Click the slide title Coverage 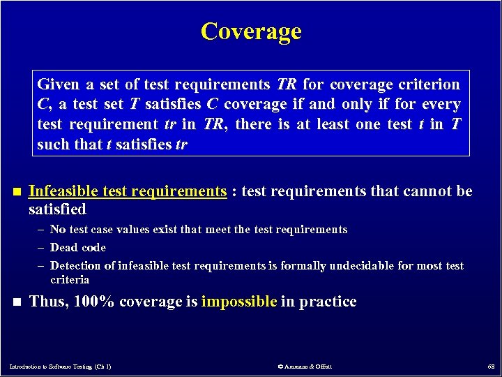(x=251, y=31)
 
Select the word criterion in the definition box (x=433, y=85)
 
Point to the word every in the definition (x=441, y=105)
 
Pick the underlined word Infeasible (x=63, y=191)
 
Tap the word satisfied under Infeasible (x=57, y=209)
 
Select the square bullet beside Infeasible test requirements (x=17, y=192)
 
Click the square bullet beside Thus (x=17, y=302)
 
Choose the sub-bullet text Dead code (x=78, y=247)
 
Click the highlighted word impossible (x=238, y=302)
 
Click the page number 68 (x=491, y=366)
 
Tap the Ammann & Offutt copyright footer (x=304, y=366)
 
